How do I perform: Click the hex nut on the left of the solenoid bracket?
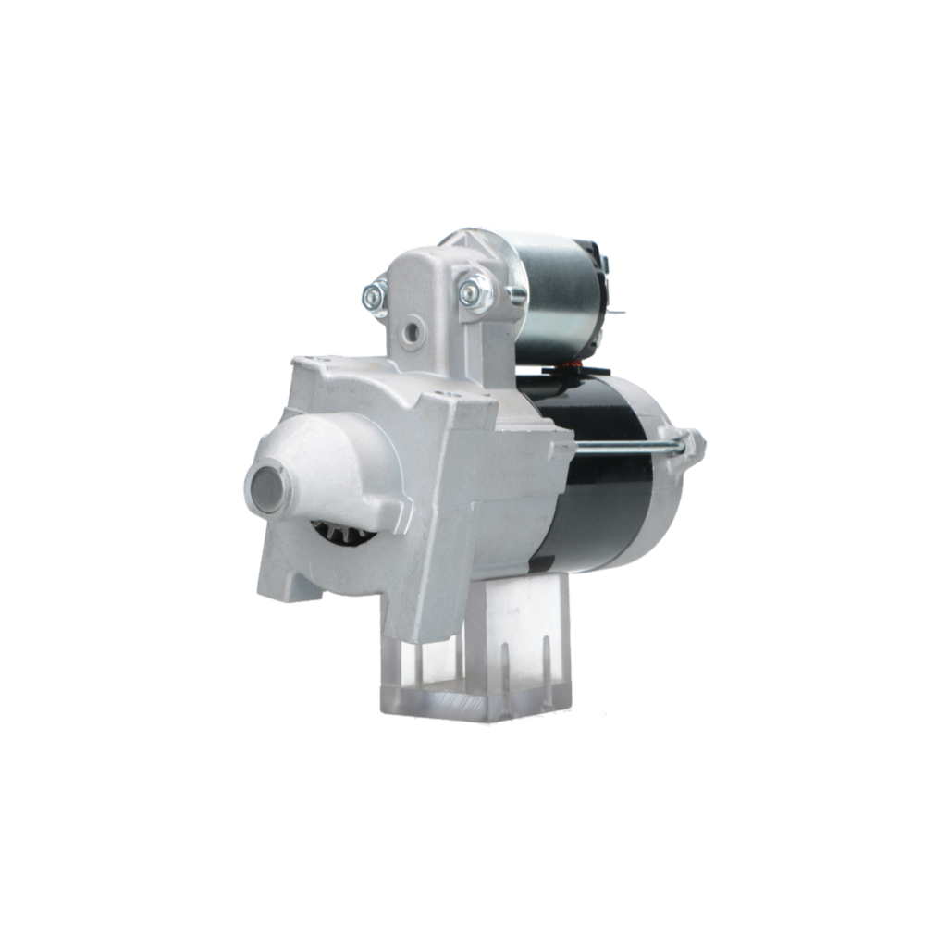(375, 298)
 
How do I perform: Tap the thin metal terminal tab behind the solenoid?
(611, 313)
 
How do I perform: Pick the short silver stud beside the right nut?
(514, 294)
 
